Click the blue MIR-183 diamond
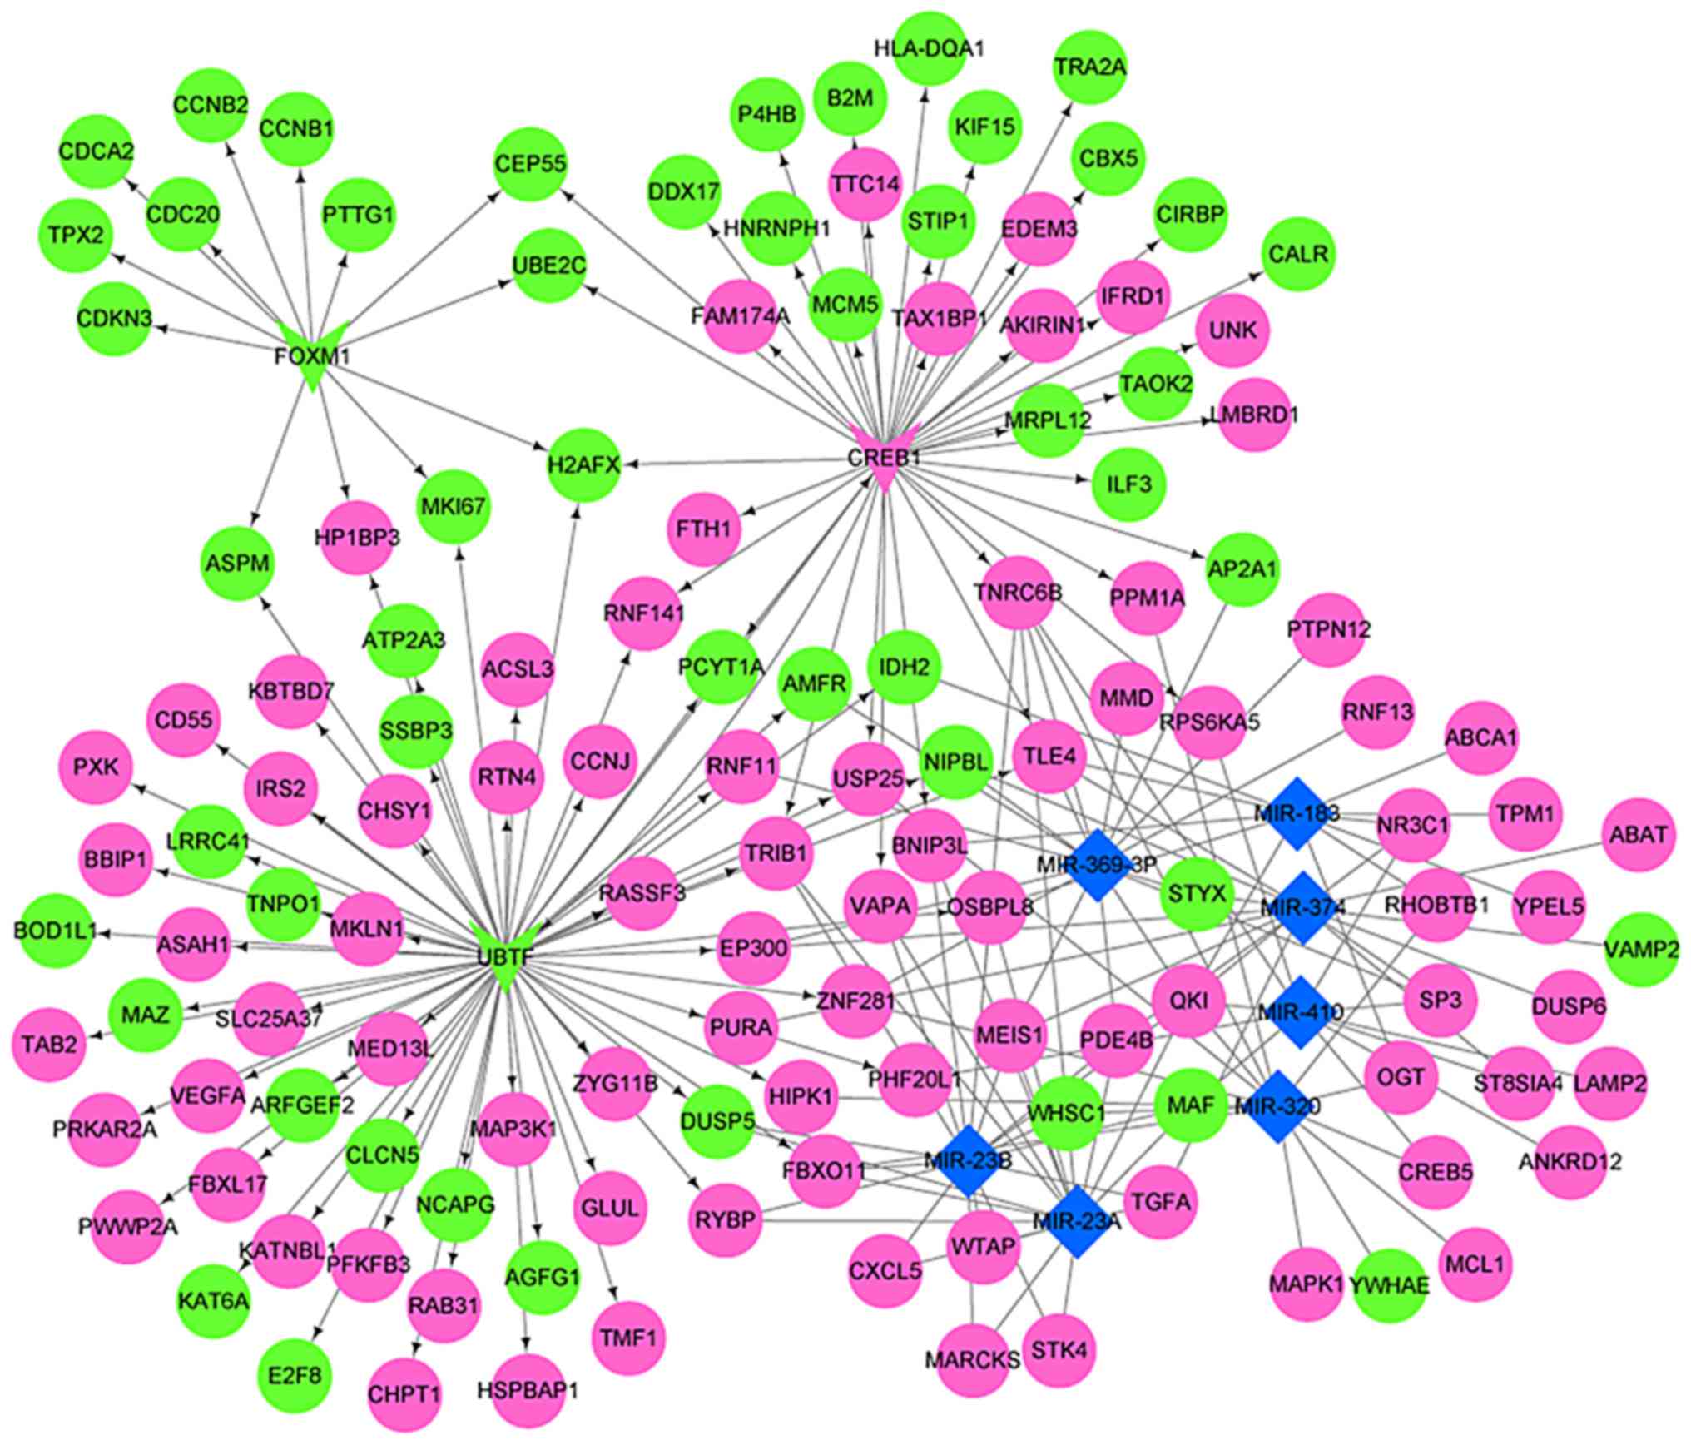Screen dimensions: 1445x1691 tap(1296, 813)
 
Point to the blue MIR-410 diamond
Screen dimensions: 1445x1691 tap(1298, 1012)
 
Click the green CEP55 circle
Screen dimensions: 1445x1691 tap(529, 164)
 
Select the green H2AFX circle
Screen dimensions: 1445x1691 tap(584, 464)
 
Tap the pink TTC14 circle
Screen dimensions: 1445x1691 tap(865, 184)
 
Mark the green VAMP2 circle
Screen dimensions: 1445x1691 tap(1641, 949)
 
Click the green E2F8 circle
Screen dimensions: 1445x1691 tap(295, 1371)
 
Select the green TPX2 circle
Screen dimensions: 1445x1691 tap(75, 236)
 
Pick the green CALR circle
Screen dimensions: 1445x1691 tap(1299, 253)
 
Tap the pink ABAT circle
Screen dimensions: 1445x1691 tap(1638, 834)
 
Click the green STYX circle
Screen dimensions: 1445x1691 tap(1197, 895)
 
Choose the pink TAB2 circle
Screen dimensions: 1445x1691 tap(50, 1043)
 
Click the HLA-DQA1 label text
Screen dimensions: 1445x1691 tap(929, 49)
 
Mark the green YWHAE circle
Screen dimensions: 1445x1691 tap(1389, 1285)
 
